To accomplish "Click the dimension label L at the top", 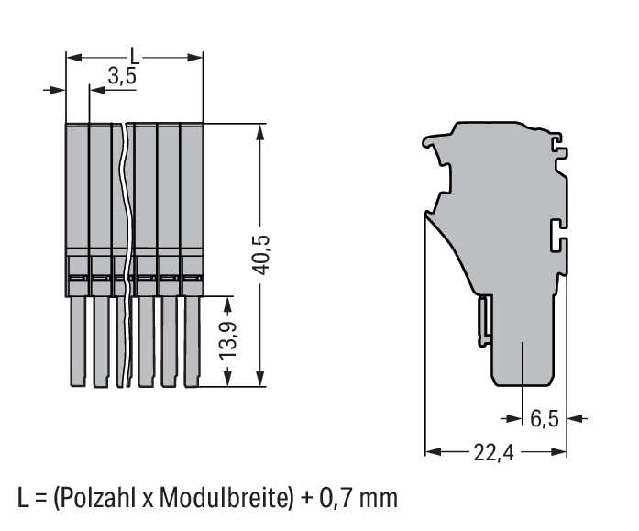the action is pyautogui.click(x=135, y=56).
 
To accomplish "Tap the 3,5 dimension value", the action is pyautogui.click(x=122, y=75).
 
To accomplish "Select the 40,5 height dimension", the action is pyautogui.click(x=260, y=255).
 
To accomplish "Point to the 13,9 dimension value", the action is pyautogui.click(x=228, y=340).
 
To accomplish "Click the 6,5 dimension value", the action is pyautogui.click(x=545, y=419).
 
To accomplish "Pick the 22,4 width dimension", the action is pyautogui.click(x=493, y=452).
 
